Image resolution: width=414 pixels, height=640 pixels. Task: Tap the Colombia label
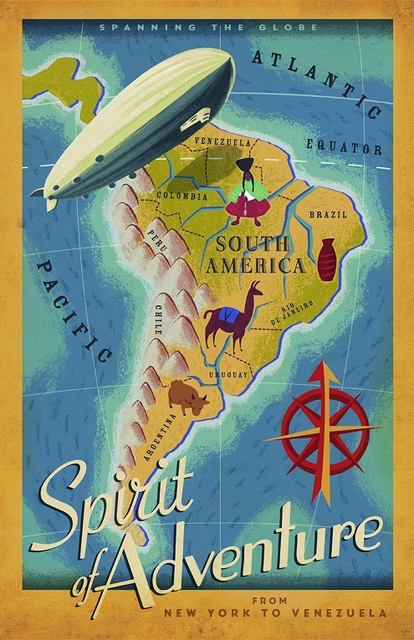[182, 196]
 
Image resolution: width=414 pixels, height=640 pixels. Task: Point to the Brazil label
[328, 214]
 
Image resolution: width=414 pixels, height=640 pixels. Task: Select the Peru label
[158, 240]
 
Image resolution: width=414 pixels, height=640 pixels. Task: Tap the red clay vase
[326, 259]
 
